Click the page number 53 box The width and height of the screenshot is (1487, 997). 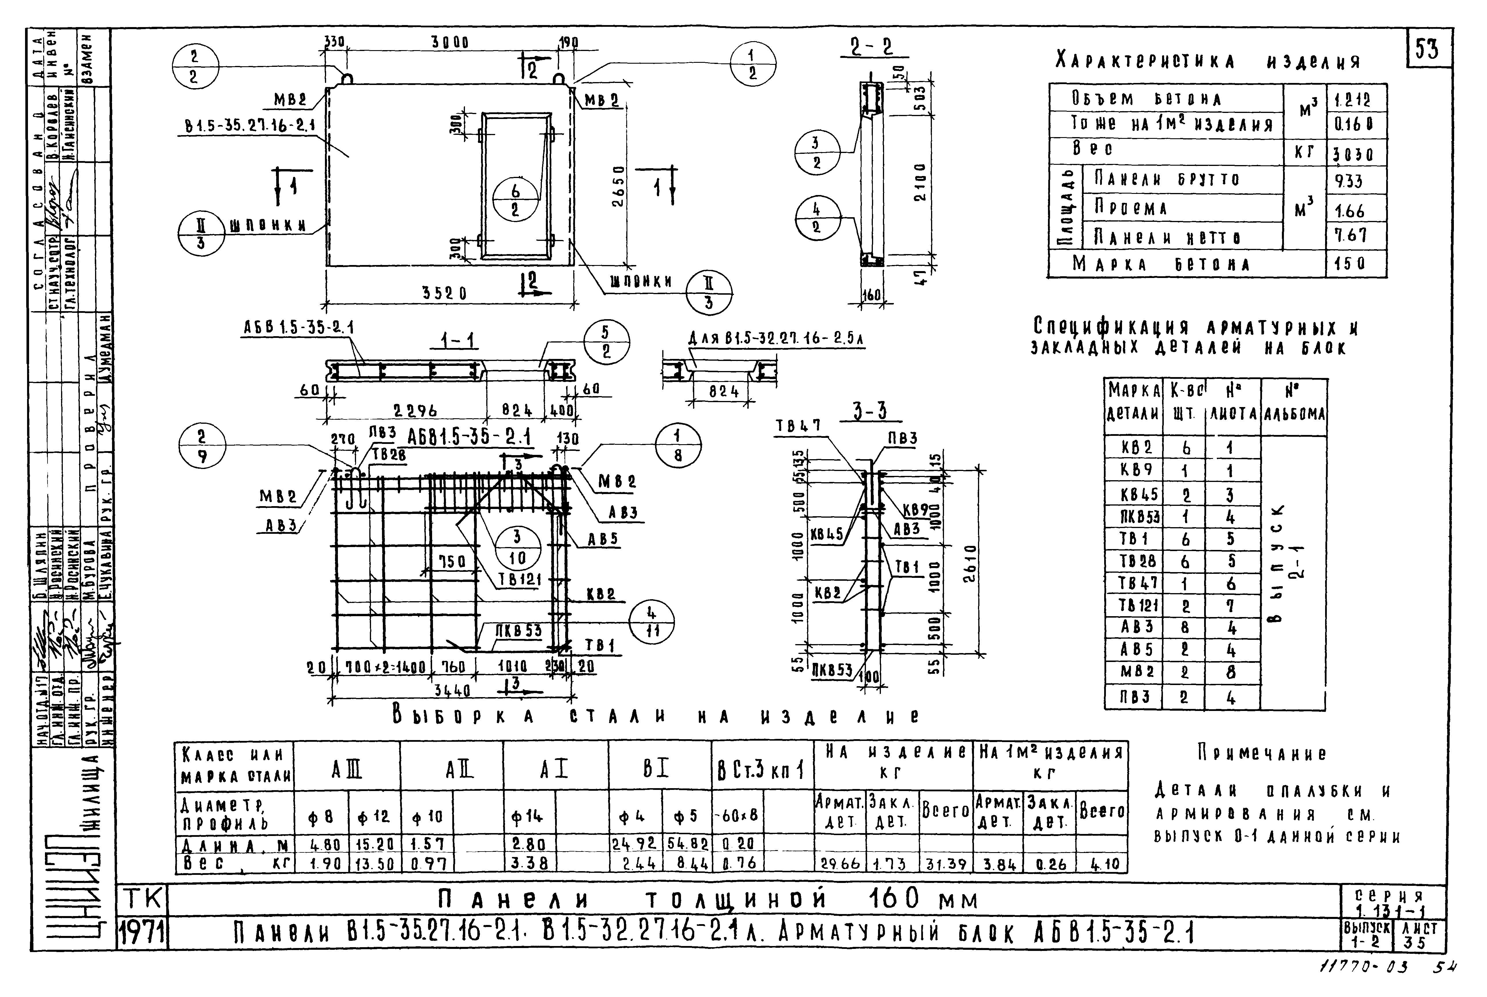[x=1427, y=48]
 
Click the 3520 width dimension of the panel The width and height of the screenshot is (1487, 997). [x=445, y=293]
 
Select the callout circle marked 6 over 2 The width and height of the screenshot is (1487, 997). [x=515, y=200]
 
